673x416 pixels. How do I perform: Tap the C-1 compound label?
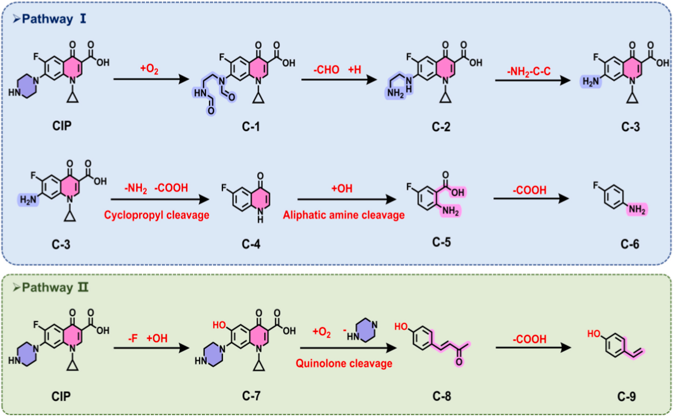pos(251,127)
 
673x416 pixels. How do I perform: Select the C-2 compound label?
pos(441,127)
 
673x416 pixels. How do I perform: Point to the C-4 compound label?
pos(251,244)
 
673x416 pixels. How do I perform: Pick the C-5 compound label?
pos(441,242)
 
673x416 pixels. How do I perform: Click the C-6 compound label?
pos(630,244)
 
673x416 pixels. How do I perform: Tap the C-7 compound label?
pos(251,396)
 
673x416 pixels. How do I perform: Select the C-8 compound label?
pos(442,396)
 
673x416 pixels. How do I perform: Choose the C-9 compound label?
pos(626,397)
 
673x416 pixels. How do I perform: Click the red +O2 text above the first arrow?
pos(149,68)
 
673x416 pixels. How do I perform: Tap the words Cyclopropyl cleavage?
pos(156,215)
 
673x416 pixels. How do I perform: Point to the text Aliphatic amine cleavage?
pos(344,215)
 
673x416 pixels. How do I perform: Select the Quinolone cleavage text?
pos(344,363)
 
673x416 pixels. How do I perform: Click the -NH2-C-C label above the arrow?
pos(529,71)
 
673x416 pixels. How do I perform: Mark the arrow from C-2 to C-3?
pos(533,80)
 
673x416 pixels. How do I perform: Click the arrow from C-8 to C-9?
pos(533,348)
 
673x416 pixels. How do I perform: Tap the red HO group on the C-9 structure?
pos(594,334)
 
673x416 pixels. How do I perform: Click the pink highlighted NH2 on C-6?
pos(637,209)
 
